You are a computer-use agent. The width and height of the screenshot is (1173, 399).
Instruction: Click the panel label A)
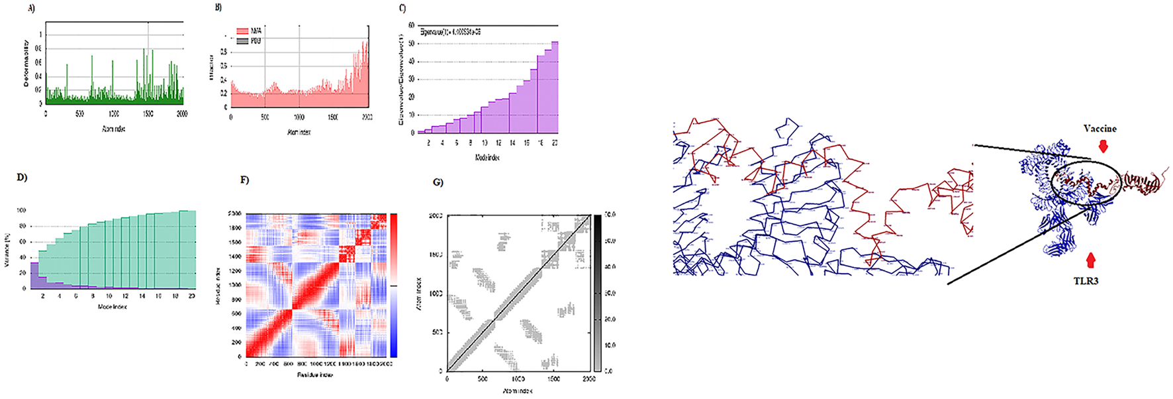point(31,9)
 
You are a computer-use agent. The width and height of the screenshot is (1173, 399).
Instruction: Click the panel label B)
point(218,7)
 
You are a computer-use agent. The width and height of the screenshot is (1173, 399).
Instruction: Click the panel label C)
point(402,9)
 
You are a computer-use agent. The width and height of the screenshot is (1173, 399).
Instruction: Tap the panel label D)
point(22,178)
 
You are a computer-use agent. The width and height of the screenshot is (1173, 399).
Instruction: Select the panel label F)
point(244,180)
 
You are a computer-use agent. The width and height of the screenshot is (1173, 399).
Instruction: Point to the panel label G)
point(438,182)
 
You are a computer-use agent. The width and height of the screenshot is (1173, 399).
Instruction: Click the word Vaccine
point(1100,129)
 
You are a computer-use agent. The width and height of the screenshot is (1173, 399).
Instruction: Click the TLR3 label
point(1086,281)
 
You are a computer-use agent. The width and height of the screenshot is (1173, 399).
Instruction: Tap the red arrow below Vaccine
point(1103,146)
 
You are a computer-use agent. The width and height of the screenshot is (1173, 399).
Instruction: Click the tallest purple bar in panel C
point(555,87)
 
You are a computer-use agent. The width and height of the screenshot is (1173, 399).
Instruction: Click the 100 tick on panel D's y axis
point(21,211)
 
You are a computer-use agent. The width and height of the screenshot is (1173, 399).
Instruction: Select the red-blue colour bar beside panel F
point(394,285)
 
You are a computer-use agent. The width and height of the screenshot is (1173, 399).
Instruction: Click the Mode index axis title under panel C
point(487,158)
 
